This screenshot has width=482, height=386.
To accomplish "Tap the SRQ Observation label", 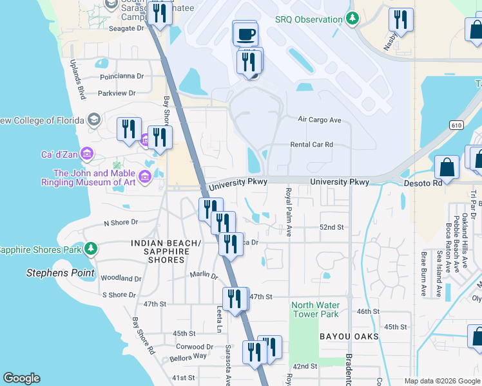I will click(x=309, y=19).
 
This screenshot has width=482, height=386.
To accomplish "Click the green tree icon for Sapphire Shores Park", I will click(x=91, y=249).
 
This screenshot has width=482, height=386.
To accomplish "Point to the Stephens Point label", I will click(x=60, y=273).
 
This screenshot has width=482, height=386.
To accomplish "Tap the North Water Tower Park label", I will click(x=315, y=309).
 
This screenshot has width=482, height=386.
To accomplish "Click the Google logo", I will click(x=21, y=378).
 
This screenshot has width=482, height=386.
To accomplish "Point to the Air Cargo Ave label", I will click(x=319, y=120).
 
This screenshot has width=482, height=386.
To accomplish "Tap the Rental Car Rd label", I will click(x=311, y=145).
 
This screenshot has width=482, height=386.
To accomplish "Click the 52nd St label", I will click(x=333, y=228).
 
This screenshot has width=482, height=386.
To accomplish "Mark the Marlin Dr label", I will click(x=204, y=275).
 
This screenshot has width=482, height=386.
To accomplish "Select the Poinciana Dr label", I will click(x=121, y=76).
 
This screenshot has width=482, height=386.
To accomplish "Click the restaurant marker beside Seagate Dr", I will click(x=159, y=12).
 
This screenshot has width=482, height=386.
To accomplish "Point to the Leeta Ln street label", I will click(x=218, y=319).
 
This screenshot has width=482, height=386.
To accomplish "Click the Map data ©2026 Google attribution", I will click(x=442, y=381).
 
